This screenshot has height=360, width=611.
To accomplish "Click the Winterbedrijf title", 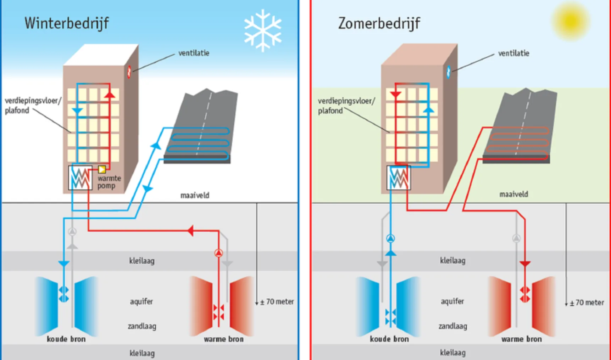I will (x=66, y=23).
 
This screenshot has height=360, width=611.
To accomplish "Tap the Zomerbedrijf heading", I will (x=379, y=23).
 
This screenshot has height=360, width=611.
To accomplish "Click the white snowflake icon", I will (x=263, y=30).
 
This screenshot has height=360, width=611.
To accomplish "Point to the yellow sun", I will (x=571, y=21).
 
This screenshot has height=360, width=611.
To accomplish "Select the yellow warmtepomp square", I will (x=102, y=169).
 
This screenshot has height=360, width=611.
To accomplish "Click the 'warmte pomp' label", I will (x=109, y=182).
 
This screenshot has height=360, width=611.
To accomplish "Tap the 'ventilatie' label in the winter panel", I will (x=194, y=53).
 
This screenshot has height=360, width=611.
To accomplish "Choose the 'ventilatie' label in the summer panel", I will (x=513, y=54).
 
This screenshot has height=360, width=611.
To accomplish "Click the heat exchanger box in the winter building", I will (x=80, y=178).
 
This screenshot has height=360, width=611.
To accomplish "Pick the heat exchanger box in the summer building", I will (x=399, y=178).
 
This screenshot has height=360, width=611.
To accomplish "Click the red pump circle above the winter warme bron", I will (x=218, y=253).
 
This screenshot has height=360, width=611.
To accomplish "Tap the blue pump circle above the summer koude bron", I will (x=390, y=238).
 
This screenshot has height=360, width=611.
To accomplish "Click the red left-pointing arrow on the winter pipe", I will (x=190, y=231).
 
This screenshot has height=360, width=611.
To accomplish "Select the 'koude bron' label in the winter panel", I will (x=66, y=339).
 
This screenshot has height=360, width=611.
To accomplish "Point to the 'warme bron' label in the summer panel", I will (x=521, y=339).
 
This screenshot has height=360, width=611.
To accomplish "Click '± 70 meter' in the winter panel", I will (x=277, y=302).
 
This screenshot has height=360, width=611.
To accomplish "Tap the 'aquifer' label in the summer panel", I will (x=452, y=301).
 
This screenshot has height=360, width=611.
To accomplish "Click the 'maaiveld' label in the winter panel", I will (x=195, y=195).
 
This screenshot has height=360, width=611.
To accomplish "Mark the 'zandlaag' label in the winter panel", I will (x=142, y=326).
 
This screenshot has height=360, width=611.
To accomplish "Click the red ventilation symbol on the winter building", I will (x=129, y=71).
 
